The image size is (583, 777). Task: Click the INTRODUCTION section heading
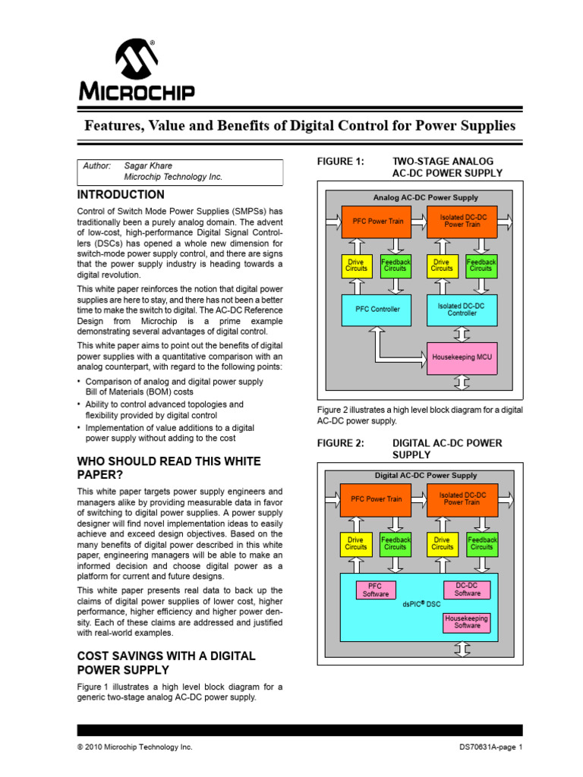[121, 195]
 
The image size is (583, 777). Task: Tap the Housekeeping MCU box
[462, 356]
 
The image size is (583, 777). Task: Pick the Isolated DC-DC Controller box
[462, 309]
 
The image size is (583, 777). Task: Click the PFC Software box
[375, 590]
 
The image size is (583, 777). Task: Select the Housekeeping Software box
[467, 622]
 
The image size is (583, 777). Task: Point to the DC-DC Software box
[467, 590]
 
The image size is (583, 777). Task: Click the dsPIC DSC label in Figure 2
[421, 604]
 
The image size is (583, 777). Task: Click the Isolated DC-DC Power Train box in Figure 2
[462, 499]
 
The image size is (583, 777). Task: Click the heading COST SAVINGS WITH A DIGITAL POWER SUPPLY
[166, 662]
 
